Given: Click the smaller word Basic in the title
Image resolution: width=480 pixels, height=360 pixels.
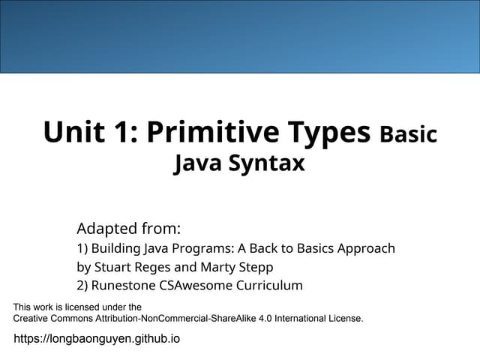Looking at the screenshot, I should (x=408, y=135).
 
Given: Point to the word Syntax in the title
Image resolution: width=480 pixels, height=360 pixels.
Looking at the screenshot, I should (x=268, y=163).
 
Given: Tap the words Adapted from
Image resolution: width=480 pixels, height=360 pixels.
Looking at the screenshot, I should (x=128, y=228).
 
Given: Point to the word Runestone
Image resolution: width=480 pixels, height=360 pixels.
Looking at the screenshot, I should (x=120, y=285).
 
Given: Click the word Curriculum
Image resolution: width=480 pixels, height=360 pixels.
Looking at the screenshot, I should (x=268, y=285).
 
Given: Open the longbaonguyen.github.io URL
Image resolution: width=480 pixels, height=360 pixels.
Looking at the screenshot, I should (x=97, y=339).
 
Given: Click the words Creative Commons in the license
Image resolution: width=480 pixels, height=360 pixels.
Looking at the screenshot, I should (x=52, y=318).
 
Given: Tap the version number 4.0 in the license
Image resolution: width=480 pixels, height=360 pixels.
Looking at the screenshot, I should (x=259, y=318).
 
